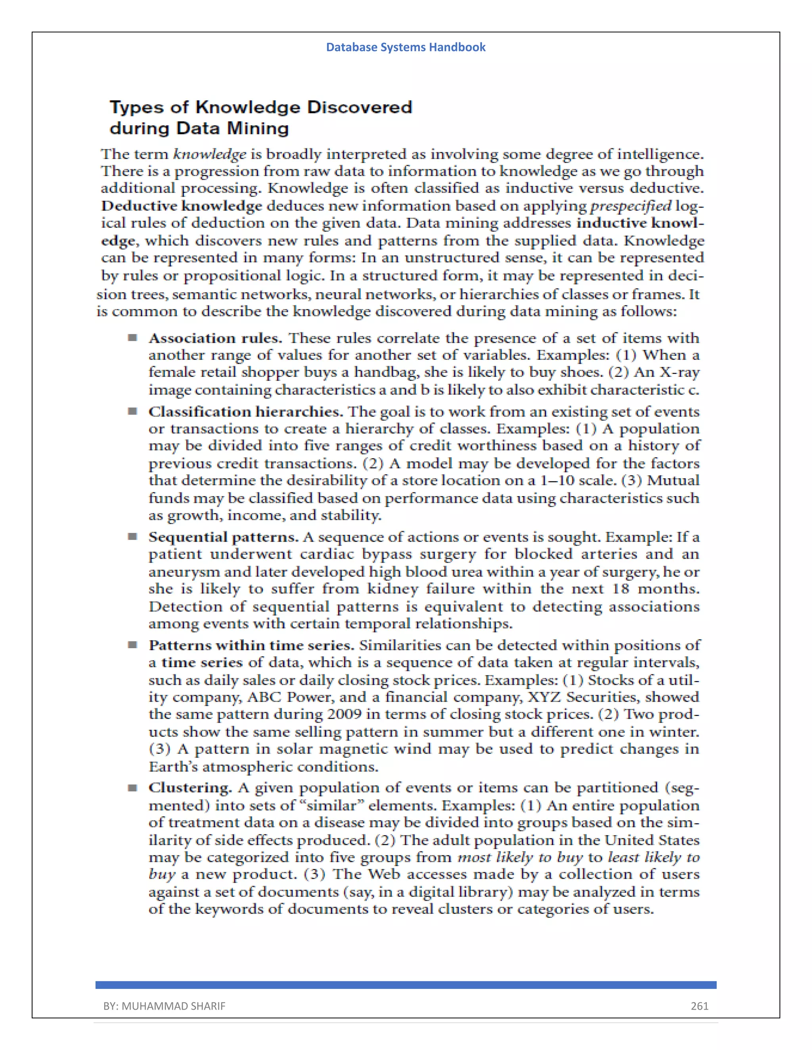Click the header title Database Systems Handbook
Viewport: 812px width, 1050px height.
406,47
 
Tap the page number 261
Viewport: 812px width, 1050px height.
699,1006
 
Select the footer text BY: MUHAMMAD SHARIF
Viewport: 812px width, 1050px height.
164,1006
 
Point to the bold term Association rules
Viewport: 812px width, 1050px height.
215,338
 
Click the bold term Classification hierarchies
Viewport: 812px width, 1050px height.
245,412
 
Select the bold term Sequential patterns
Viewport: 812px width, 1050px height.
223,537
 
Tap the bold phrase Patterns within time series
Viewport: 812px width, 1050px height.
251,645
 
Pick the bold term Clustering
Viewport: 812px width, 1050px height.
190,788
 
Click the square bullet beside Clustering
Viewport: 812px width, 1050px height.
132,788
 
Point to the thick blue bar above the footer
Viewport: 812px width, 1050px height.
406,985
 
